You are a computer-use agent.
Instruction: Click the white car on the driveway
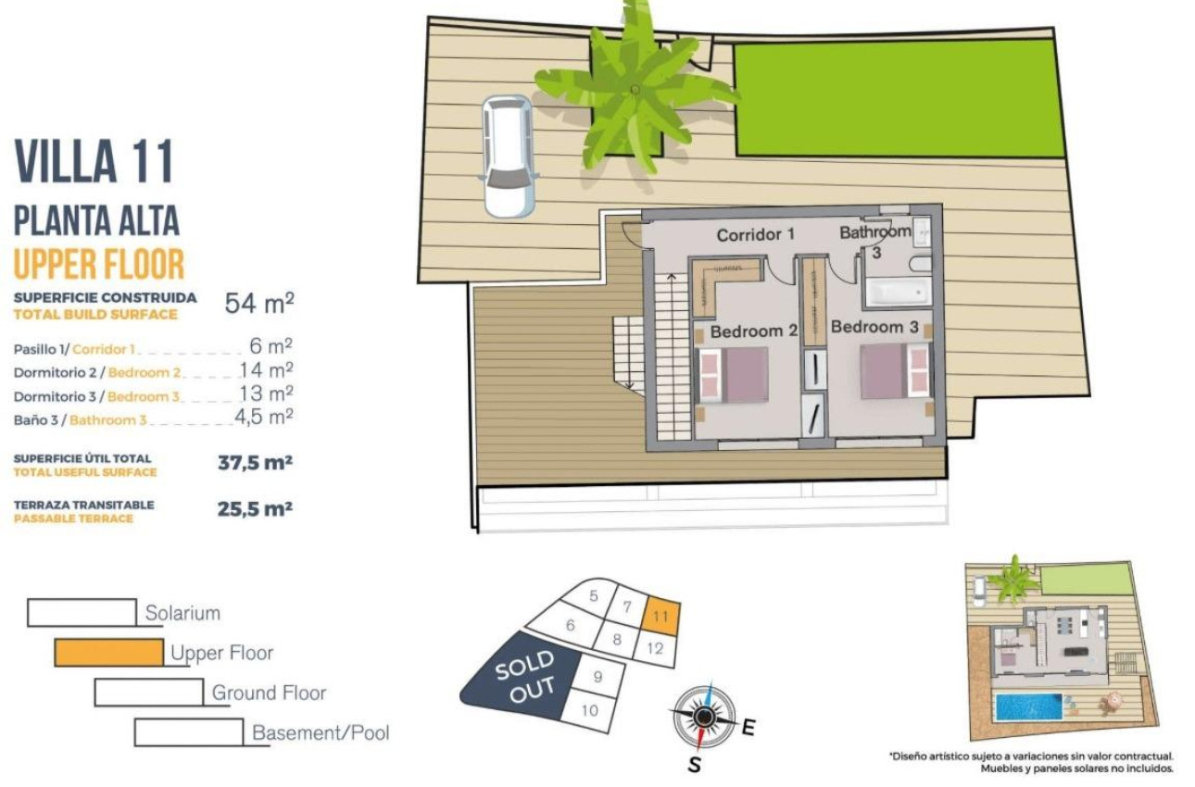point(507,156)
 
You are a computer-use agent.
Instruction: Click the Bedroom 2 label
point(753,331)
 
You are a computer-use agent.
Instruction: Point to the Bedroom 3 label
point(874,327)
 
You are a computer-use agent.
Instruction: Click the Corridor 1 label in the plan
point(755,235)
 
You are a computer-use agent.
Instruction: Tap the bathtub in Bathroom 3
point(898,292)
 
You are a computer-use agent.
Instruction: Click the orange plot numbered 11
point(660,616)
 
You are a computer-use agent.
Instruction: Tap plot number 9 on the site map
point(597,677)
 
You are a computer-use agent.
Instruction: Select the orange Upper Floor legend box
point(108,653)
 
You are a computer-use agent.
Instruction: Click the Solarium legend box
point(82,612)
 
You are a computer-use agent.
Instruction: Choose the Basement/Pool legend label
point(321,733)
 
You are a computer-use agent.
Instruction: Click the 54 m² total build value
point(259,303)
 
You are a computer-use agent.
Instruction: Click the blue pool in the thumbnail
point(1028,707)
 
